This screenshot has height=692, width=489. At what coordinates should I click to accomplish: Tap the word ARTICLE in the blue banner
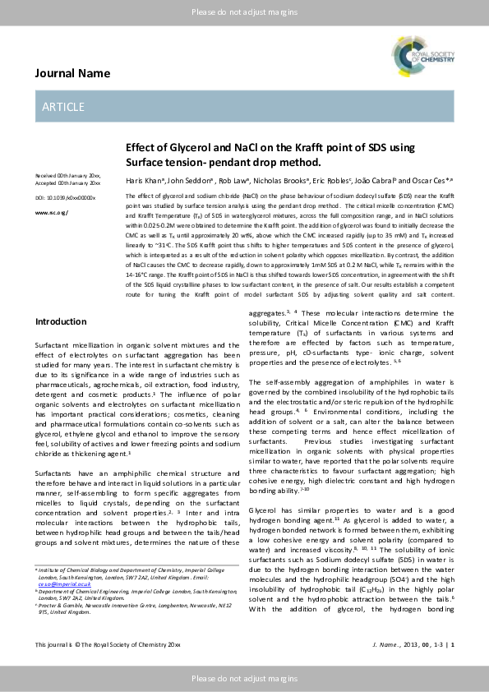63,107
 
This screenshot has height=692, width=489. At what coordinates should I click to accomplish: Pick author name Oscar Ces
431,179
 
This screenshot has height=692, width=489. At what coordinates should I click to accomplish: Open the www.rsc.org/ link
52,212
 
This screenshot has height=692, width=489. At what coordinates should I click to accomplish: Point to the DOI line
65,198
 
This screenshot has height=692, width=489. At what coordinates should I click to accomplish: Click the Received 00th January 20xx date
67,176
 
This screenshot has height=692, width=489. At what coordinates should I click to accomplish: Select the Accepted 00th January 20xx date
67,182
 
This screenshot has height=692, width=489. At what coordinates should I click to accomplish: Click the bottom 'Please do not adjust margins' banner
244,679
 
